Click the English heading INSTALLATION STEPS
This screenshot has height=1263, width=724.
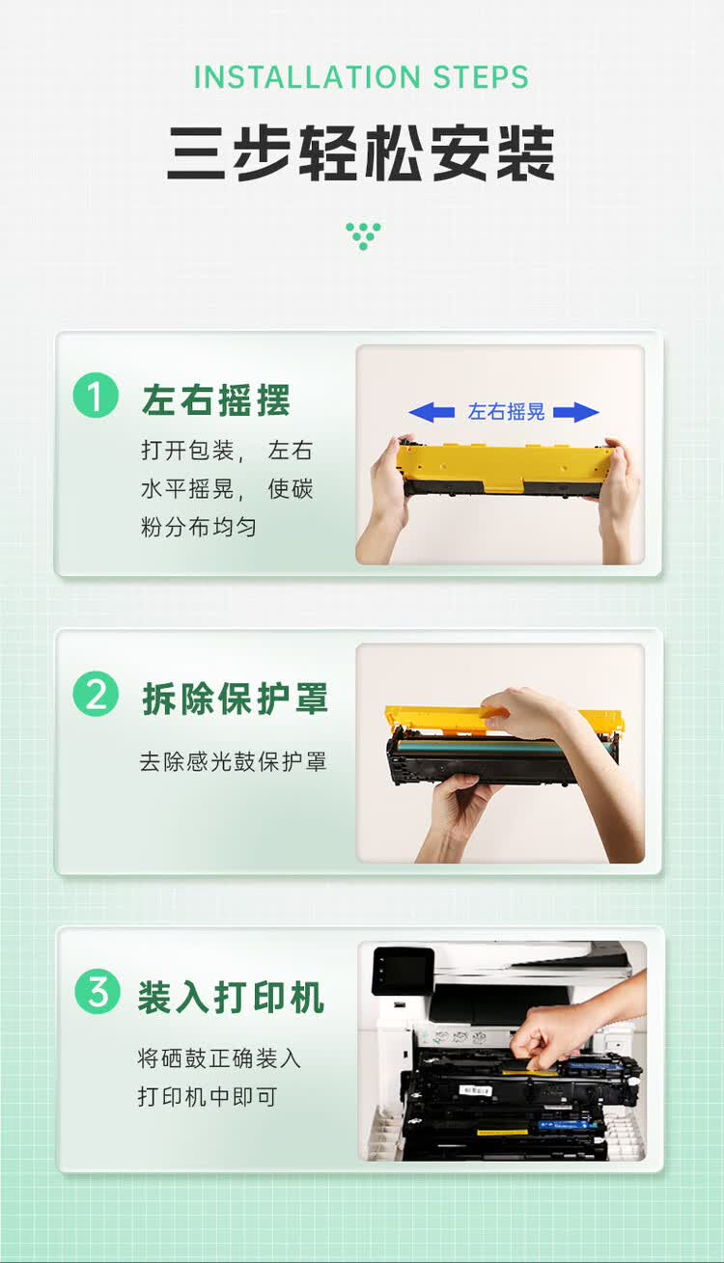click(361, 77)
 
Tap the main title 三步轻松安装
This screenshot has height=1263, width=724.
click(361, 153)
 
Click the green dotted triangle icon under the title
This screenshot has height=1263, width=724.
click(363, 235)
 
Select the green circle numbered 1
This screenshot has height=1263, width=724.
click(96, 397)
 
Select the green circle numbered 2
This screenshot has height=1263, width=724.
click(96, 696)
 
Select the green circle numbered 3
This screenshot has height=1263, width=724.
click(97, 993)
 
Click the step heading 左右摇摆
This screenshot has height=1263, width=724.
click(216, 399)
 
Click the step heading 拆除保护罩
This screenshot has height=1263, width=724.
click(236, 699)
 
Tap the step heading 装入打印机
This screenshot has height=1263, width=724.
click(231, 998)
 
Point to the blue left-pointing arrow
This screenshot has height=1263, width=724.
click(432, 413)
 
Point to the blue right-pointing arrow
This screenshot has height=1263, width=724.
click(576, 413)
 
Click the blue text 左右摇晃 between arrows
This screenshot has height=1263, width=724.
click(506, 412)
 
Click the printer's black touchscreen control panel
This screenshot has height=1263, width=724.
click(403, 970)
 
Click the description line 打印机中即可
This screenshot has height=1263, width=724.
click(208, 1097)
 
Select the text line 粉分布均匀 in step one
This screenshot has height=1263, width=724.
click(199, 528)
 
